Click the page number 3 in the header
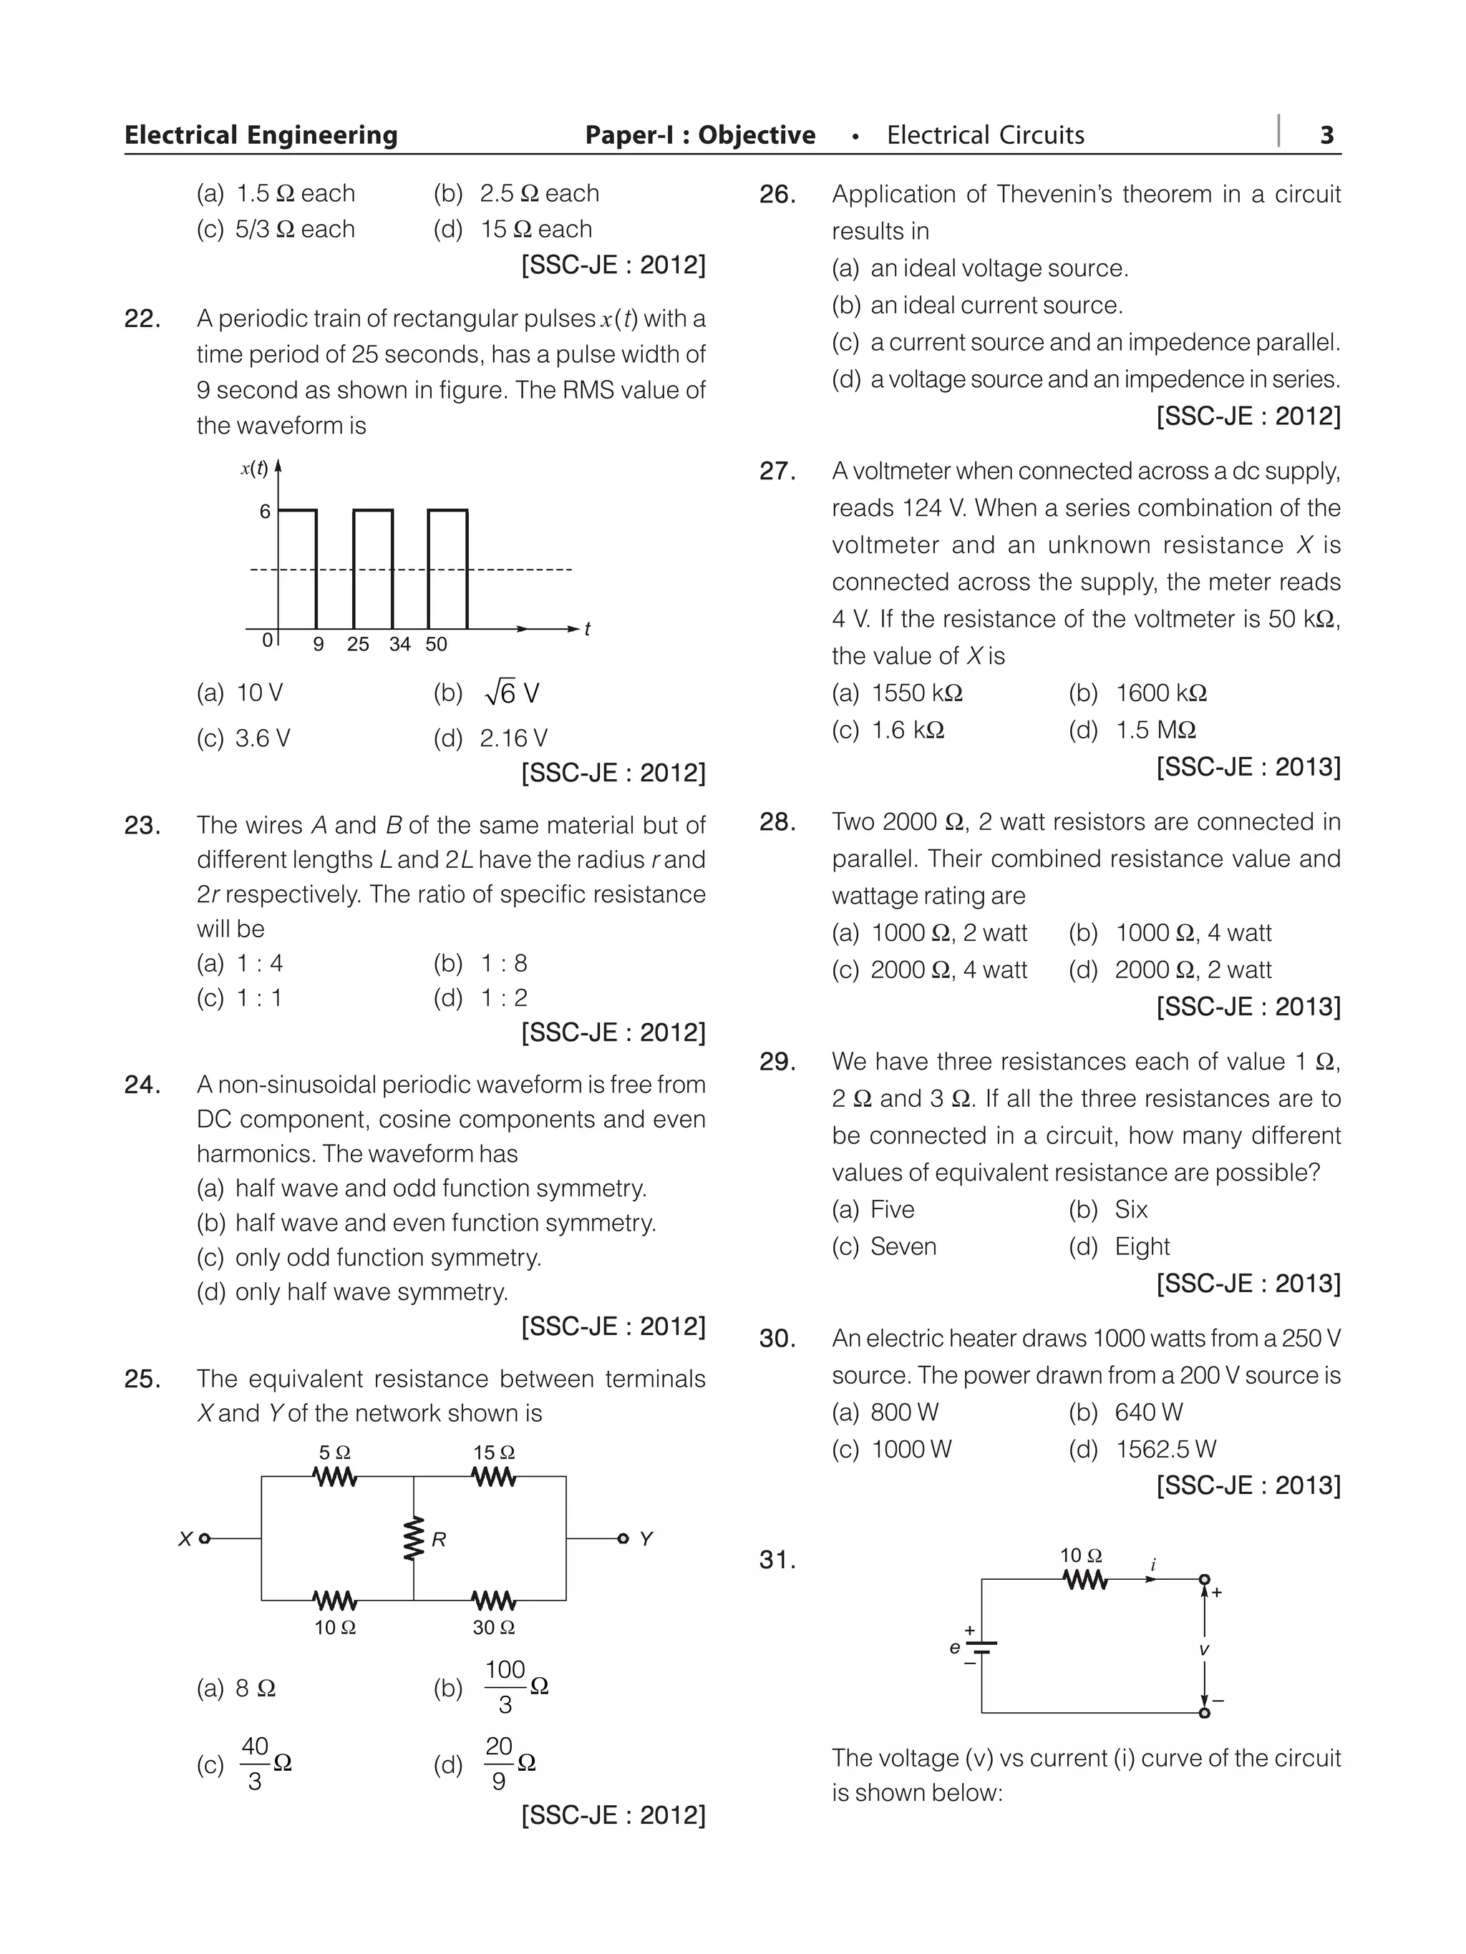pyautogui.click(x=1326, y=135)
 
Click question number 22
pyautogui.click(x=142, y=319)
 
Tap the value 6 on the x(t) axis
pyautogui.click(x=264, y=512)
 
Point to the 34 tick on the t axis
pyautogui.click(x=399, y=645)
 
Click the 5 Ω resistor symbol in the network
pyautogui.click(x=335, y=1476)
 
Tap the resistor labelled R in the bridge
pyautogui.click(x=412, y=1540)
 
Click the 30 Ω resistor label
pyautogui.click(x=493, y=1628)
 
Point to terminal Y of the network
pyautogui.click(x=623, y=1539)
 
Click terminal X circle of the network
pyautogui.click(x=205, y=1539)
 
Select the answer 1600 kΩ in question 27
pyautogui.click(x=1160, y=693)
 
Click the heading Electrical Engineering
pyautogui.click(x=261, y=135)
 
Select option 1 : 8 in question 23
pyautogui.click(x=504, y=964)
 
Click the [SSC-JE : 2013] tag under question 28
pyautogui.click(x=1248, y=1007)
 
